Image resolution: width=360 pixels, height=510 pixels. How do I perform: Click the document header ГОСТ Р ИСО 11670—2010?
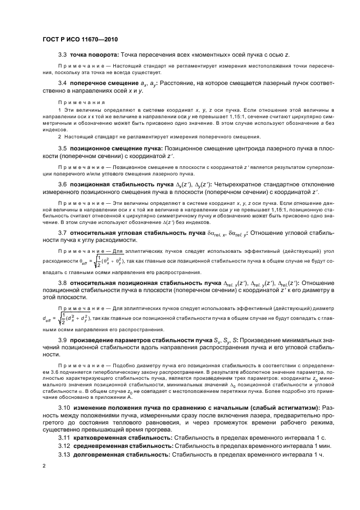80,40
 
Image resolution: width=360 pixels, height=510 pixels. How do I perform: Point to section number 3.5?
63,148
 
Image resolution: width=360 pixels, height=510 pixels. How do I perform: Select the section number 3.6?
63,185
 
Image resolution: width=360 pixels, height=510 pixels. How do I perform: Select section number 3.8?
63,283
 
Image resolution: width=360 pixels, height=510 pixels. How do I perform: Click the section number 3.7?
63,233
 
